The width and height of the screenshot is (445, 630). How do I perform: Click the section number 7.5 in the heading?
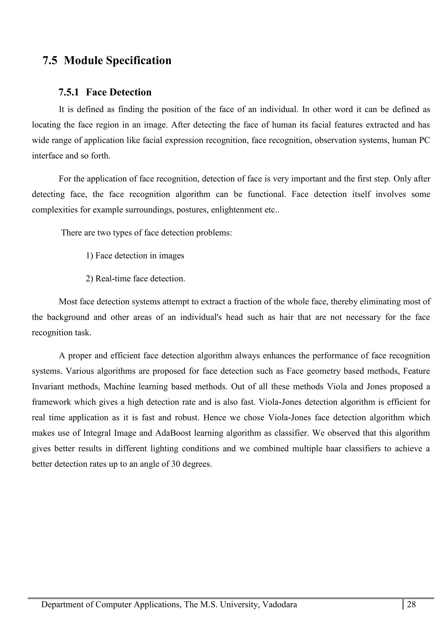tap(50, 60)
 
